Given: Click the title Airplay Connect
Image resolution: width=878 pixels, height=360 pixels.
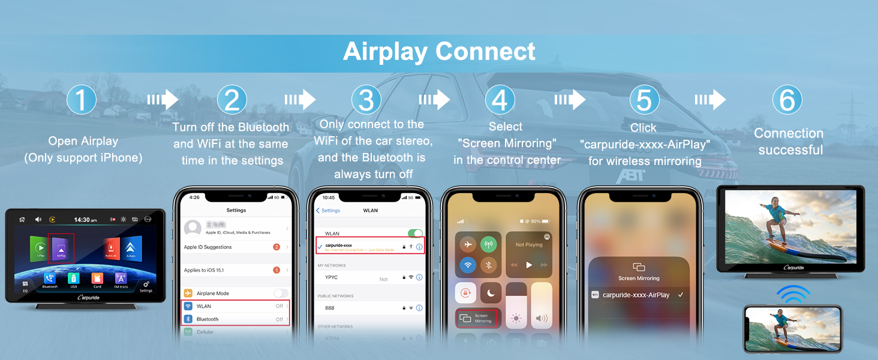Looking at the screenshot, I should tap(439, 52).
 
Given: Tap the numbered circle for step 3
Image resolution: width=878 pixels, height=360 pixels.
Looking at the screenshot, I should tap(366, 100).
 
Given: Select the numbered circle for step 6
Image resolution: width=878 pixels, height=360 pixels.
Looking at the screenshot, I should tap(787, 100).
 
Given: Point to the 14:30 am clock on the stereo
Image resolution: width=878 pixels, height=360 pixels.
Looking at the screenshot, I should tap(85, 220).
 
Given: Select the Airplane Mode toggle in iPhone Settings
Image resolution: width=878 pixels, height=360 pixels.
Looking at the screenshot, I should tap(280, 293).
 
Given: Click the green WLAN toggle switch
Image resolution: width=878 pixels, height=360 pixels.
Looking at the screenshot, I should tap(415, 233).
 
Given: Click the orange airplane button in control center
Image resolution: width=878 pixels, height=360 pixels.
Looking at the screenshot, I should tap(467, 245).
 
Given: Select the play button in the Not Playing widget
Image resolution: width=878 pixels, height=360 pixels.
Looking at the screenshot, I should tap(528, 265).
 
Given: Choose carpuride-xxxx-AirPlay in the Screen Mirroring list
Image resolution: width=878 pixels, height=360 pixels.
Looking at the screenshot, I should tap(636, 295).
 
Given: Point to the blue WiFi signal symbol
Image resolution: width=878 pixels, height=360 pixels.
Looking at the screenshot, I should tap(793, 295).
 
